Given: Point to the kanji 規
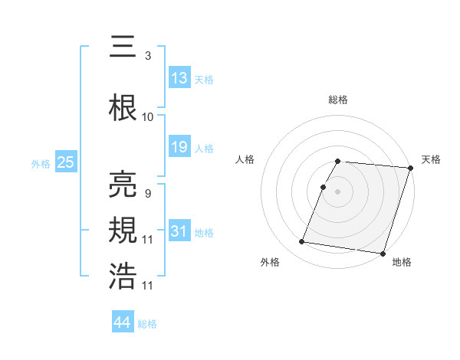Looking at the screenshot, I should [123, 230].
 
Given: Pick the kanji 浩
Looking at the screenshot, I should [123, 275].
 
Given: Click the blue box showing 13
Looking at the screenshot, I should [179, 78].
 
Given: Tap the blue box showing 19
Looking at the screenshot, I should [179, 147].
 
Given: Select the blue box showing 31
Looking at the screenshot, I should [179, 231].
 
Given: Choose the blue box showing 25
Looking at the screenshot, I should [65, 162].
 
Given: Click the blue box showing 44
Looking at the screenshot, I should [123, 322].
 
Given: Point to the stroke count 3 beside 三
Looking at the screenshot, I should [147, 56].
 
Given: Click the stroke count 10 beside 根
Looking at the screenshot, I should [148, 117].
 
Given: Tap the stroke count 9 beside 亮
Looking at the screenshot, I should [147, 193].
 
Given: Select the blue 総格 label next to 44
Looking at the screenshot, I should [147, 324].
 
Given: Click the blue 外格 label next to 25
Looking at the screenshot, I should [41, 163].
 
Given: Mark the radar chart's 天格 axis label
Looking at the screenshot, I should [431, 159].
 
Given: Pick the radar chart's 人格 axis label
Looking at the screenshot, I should [245, 159].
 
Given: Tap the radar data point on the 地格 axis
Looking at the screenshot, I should [383, 253].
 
